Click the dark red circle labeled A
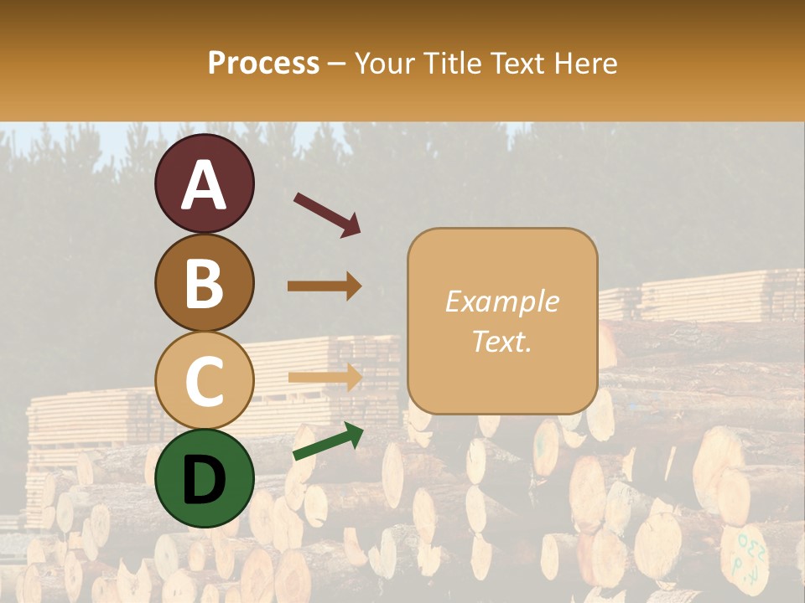tap(204, 183)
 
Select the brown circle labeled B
tap(204, 282)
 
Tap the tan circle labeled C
tap(204, 380)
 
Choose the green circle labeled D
tap(204, 478)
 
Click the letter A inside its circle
tap(204, 185)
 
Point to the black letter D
tap(204, 480)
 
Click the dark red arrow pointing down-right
tap(327, 214)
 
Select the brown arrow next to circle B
tap(325, 286)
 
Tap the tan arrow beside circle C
tap(325, 376)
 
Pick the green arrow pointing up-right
tap(328, 441)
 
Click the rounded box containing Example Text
tap(502, 321)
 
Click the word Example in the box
tap(501, 301)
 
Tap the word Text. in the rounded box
tap(501, 342)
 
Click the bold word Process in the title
tap(263, 63)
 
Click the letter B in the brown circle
tap(204, 283)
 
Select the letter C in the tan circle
tap(204, 382)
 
